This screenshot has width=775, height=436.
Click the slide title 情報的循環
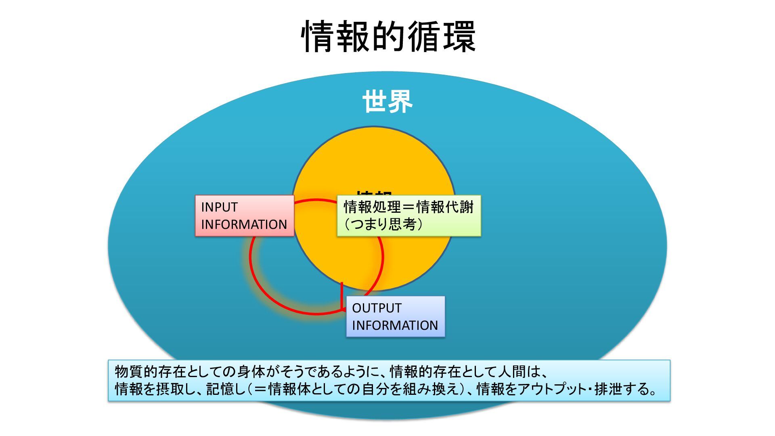388,36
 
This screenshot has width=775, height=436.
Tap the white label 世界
387,101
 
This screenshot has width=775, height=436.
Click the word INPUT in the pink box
219,207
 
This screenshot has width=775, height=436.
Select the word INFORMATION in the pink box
244,224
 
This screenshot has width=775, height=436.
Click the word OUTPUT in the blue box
377,308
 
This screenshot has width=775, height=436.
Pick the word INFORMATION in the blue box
395,325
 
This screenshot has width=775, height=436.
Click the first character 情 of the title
318,36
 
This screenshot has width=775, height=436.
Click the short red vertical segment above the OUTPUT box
342,295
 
